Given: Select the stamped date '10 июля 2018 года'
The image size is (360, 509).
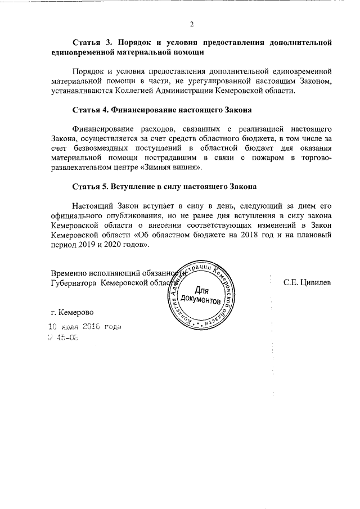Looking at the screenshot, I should (85, 327).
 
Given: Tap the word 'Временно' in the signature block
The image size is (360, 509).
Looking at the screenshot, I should (70, 272).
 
